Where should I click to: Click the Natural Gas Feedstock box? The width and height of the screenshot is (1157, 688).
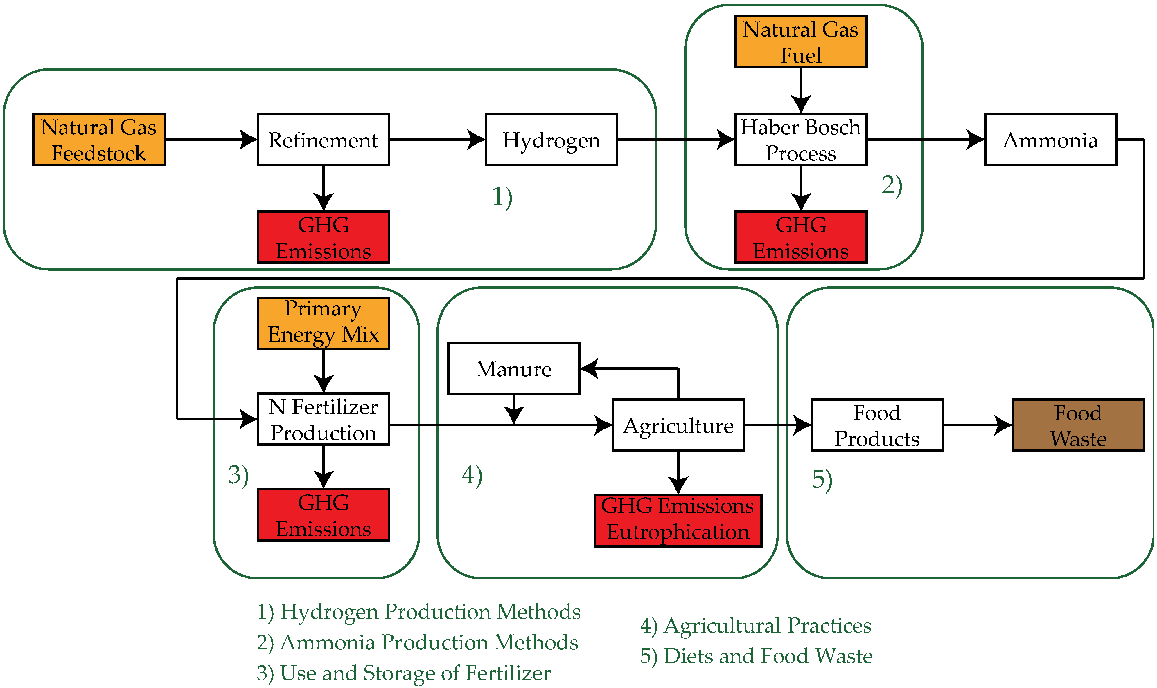[99, 140]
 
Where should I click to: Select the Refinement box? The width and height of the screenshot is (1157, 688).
[323, 140]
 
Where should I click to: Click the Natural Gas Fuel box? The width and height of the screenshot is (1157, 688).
[800, 42]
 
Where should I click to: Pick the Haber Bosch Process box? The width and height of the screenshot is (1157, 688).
[800, 140]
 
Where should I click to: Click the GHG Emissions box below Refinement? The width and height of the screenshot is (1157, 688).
[323, 237]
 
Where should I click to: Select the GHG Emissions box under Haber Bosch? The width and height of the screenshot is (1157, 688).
[800, 237]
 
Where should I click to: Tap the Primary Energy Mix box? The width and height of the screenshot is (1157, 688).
[323, 323]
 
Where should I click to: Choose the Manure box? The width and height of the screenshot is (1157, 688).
[513, 369]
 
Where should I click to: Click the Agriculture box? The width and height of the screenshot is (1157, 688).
[678, 425]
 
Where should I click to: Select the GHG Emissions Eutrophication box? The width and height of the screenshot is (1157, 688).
[678, 521]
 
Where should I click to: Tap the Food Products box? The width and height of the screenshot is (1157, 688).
[877, 425]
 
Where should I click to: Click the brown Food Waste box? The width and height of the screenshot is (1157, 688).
[1078, 425]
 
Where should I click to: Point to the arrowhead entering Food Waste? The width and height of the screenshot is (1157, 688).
[1003, 425]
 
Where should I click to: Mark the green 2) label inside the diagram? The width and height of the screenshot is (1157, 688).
[892, 185]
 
